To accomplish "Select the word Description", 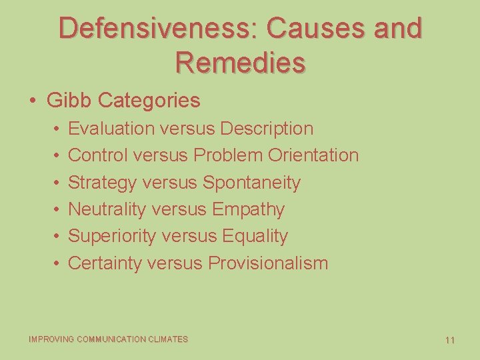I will pyautogui.click(x=267, y=128).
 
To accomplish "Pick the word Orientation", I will pyautogui.click(x=313, y=155).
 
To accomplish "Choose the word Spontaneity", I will pyautogui.click(x=251, y=183).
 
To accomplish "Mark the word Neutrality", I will pyautogui.click(x=107, y=209).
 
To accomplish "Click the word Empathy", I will pyautogui.click(x=248, y=209).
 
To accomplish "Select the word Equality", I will pyautogui.click(x=255, y=236).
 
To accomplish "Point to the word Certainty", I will pyautogui.click(x=105, y=263).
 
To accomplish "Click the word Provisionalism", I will pyautogui.click(x=268, y=263).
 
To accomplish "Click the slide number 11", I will pyautogui.click(x=450, y=340).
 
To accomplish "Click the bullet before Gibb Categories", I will pyautogui.click(x=33, y=101).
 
